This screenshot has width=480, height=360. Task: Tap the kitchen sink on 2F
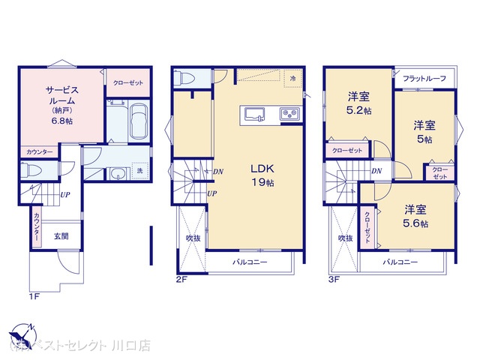254,114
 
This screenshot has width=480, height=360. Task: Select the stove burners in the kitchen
289,114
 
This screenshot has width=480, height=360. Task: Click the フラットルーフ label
424,79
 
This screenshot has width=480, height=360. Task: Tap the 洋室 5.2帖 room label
358,103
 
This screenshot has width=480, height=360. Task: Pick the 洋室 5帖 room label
424,132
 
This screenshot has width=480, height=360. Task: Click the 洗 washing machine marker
139,171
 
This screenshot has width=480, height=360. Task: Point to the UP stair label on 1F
65,196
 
